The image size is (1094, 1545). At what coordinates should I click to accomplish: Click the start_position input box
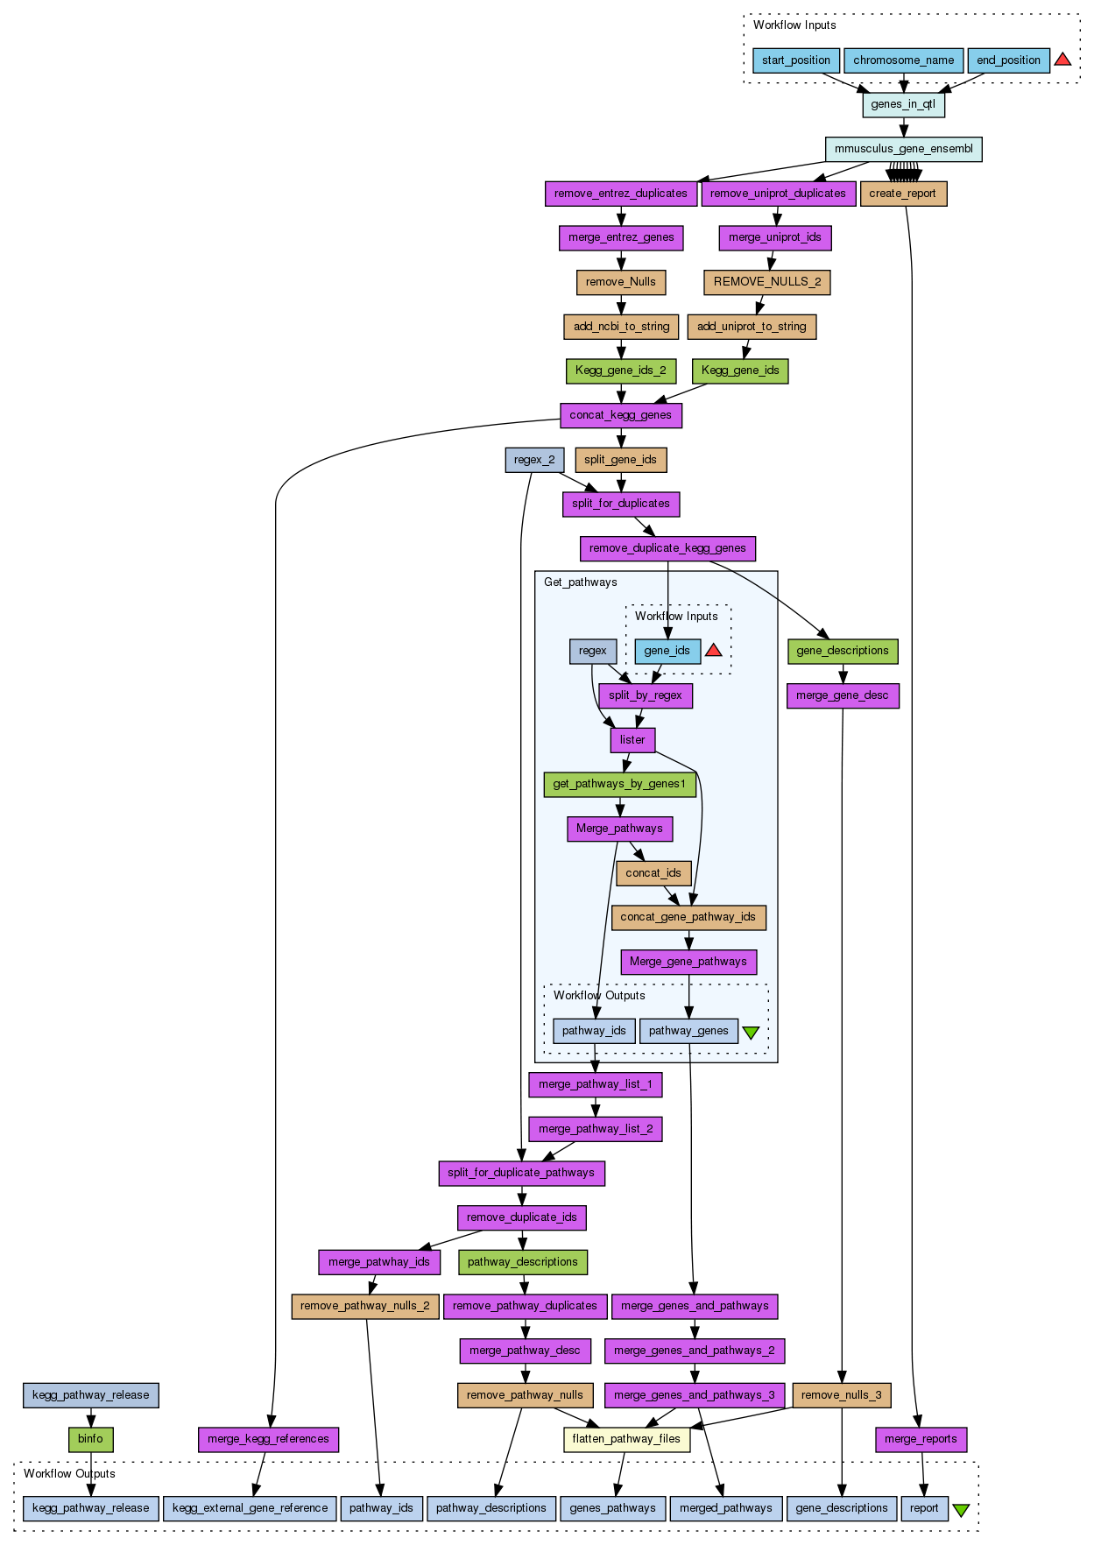coord(795,60)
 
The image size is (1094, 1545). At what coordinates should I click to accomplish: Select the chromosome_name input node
coord(903,60)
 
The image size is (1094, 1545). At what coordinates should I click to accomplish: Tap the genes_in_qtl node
coord(903,104)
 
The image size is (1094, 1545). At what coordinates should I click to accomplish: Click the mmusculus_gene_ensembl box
coord(903,149)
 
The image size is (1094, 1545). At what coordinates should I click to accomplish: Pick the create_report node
coord(903,194)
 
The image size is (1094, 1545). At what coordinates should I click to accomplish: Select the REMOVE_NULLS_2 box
coord(767,282)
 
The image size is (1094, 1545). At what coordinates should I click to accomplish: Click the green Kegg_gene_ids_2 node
coord(620,370)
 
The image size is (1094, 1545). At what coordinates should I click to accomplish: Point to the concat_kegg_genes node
coord(620,415)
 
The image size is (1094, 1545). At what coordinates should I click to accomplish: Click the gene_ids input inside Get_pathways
coord(667,651)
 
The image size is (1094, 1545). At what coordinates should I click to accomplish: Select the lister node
coord(632,740)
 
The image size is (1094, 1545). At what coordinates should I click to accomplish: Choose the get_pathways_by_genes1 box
coord(619,784)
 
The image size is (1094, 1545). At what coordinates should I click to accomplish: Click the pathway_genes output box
coord(688,1031)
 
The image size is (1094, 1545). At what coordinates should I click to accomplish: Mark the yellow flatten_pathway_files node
coord(626,1439)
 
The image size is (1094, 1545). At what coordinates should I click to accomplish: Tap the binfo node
coord(90,1439)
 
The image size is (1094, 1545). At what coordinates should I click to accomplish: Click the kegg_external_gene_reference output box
coord(250,1508)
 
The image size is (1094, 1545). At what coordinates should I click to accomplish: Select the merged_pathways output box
coord(726,1508)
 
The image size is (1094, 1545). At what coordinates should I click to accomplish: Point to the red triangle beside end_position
coord(1062,60)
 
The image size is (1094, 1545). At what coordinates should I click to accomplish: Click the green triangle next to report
coord(961,1510)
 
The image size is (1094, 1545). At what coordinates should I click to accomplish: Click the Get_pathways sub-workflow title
coord(580,582)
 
